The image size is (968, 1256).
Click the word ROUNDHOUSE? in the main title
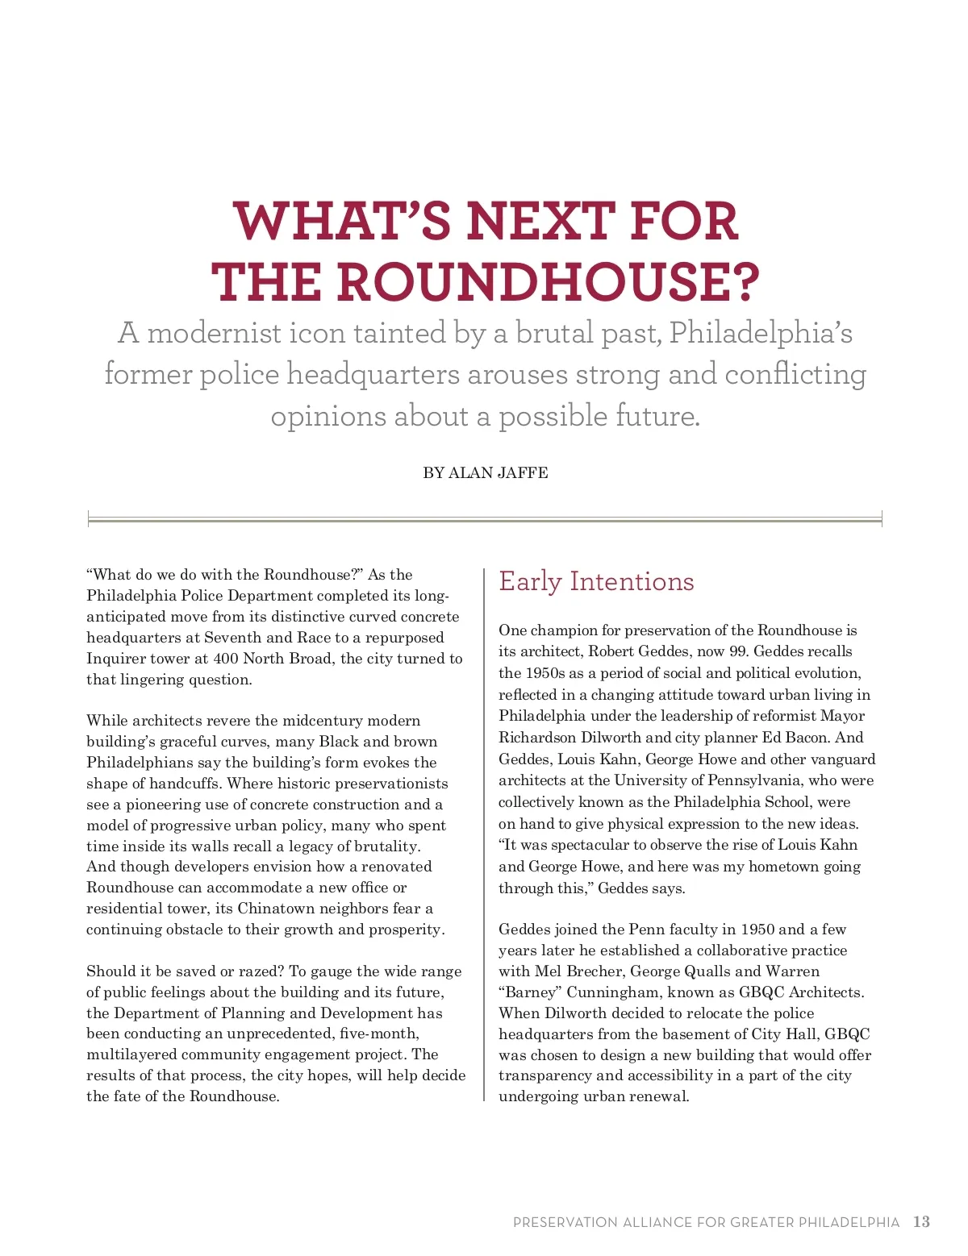[548, 282]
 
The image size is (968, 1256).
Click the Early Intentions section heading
[596, 581]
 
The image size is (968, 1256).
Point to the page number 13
[921, 1222]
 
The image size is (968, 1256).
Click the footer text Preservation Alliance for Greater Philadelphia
[706, 1223]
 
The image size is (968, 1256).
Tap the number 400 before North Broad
[225, 659]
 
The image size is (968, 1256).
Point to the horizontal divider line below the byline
[485, 521]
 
